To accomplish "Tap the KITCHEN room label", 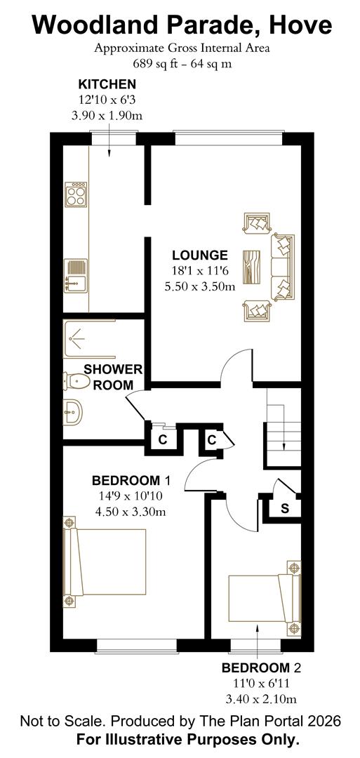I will [107, 84].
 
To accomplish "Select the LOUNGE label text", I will [200, 255].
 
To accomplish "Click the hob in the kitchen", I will [75, 193].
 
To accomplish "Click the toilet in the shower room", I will [76, 381].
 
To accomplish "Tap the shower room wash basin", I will [72, 413].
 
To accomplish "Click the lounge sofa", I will [283, 266].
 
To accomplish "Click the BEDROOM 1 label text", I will [131, 481].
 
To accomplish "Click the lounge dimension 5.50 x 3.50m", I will [199, 286].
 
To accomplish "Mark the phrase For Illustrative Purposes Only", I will [187, 739].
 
